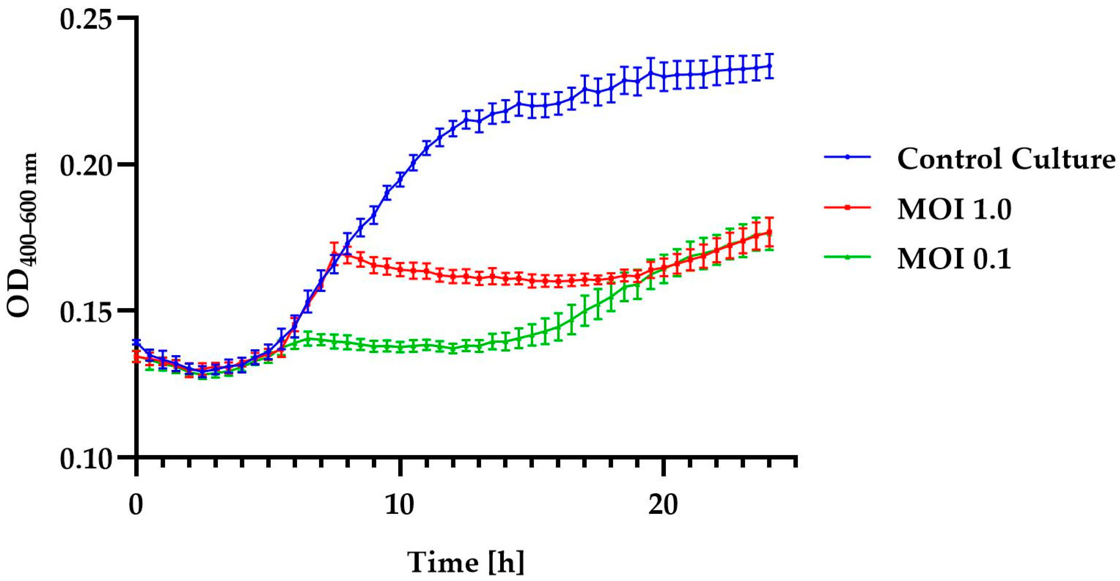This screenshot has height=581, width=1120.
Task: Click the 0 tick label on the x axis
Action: [136, 505]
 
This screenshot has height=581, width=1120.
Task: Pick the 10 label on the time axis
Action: [400, 505]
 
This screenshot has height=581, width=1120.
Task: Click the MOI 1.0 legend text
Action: [954, 209]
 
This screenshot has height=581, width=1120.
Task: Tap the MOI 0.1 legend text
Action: [954, 259]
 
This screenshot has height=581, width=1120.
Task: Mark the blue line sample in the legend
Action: [847, 158]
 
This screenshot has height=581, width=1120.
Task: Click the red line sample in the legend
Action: [847, 207]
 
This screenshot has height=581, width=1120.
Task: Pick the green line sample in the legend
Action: [847, 257]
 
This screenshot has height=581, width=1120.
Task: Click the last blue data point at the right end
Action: [769, 66]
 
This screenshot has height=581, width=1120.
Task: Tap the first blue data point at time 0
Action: [136, 343]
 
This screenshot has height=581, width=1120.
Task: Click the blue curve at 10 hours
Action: [400, 179]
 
